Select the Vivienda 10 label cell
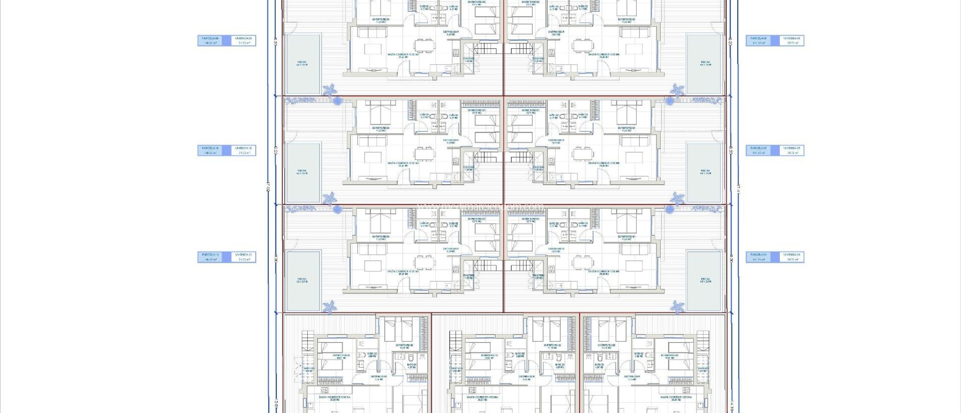(244, 150)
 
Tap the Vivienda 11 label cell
(244, 257)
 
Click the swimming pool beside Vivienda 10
(303, 172)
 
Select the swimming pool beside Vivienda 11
(303, 281)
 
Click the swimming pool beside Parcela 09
(303, 63)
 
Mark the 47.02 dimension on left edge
(268, 187)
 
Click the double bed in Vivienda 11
(380, 226)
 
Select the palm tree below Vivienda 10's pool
(330, 198)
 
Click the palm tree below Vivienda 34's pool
(677, 307)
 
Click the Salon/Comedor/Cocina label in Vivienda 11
(403, 271)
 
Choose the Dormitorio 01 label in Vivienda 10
(381, 128)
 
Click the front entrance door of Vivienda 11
(403, 284)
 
